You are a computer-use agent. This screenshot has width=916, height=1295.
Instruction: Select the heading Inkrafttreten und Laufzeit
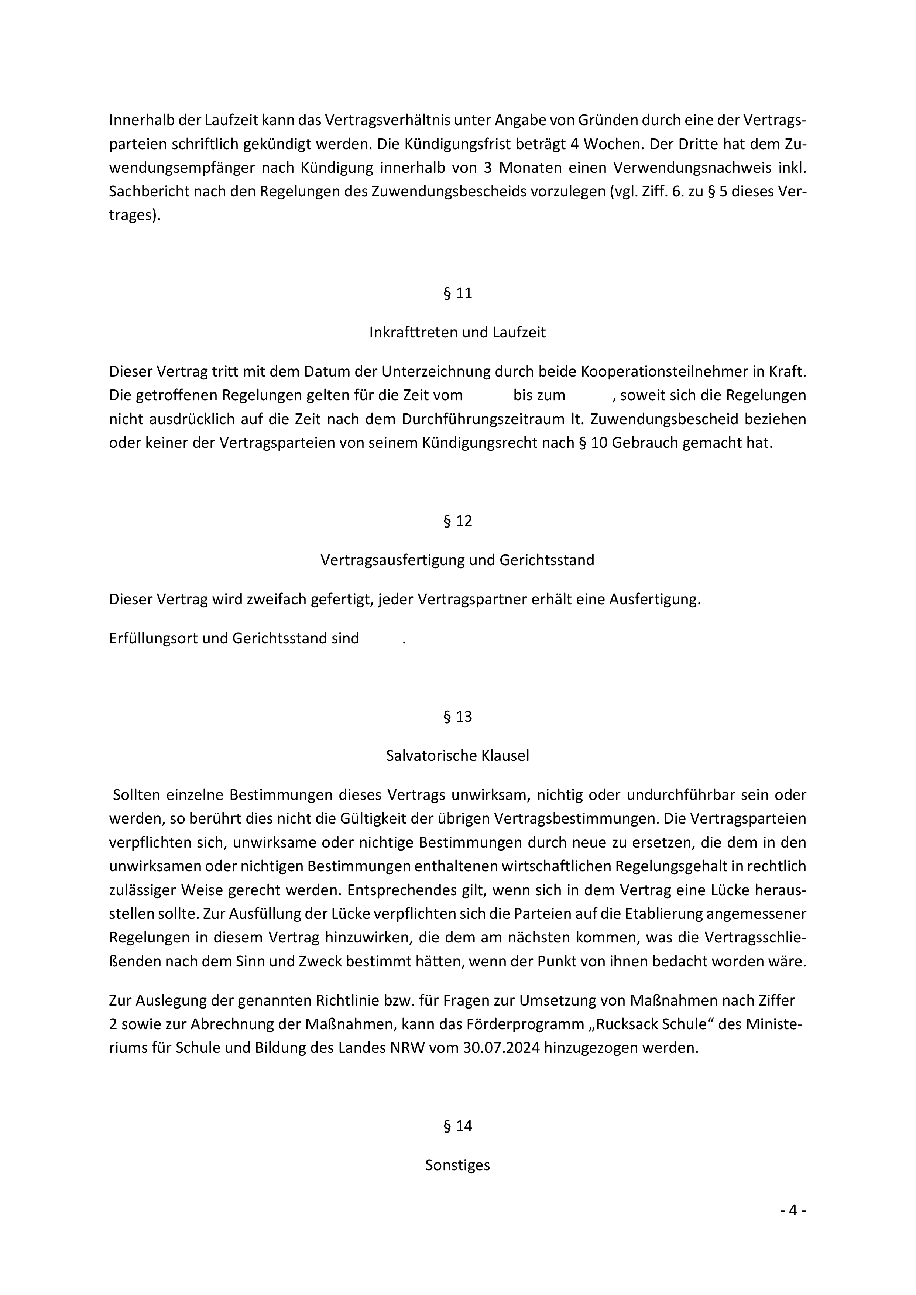click(457, 332)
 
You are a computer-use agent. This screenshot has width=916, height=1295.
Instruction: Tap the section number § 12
click(457, 521)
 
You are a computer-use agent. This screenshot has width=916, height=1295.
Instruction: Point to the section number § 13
click(457, 717)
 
